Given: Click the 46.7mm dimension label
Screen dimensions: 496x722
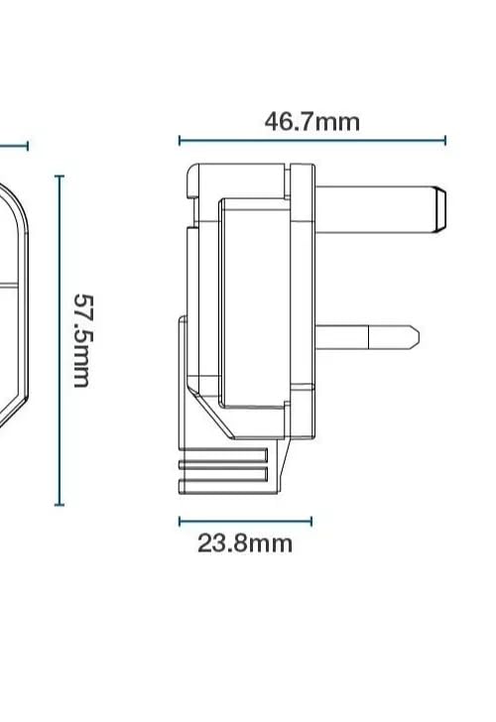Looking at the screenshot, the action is pyautogui.click(x=311, y=122).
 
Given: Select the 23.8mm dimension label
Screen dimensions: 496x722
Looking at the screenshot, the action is pyautogui.click(x=245, y=543).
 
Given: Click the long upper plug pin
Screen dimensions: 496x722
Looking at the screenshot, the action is pyautogui.click(x=380, y=209).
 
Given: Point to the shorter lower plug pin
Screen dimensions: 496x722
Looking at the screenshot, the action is pyautogui.click(x=367, y=337).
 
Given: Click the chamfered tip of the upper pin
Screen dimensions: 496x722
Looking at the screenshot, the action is pyautogui.click(x=440, y=209).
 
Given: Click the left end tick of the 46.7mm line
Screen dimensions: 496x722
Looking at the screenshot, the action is pyautogui.click(x=180, y=141).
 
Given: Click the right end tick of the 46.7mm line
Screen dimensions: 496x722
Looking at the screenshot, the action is pyautogui.click(x=444, y=141).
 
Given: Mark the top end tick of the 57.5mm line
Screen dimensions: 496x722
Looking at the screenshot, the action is pyautogui.click(x=60, y=177).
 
